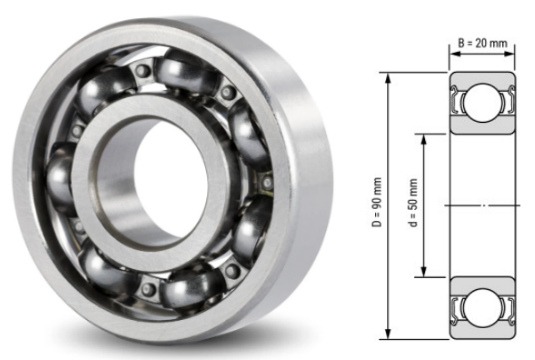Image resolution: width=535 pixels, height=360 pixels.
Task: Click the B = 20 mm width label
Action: point(481,42)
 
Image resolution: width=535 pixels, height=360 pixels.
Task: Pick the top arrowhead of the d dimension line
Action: point(424,136)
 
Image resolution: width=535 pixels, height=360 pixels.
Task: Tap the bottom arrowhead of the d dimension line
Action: point(424,275)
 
